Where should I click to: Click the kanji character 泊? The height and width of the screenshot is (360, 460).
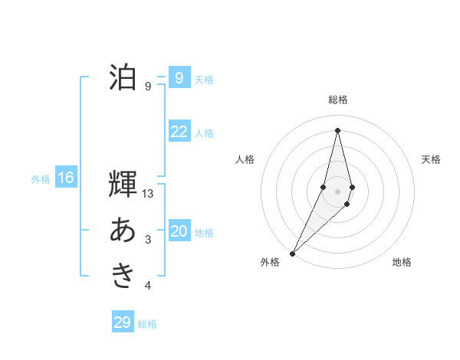click(123, 77)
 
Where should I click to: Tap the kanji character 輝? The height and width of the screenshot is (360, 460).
click(123, 186)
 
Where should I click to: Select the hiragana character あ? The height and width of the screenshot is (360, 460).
click(123, 231)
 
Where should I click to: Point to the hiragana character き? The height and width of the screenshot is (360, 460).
click(123, 275)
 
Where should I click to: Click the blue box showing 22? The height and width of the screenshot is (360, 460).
click(179, 132)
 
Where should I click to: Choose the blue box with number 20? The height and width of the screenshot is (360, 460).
click(179, 231)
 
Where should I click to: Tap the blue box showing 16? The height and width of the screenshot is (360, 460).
click(65, 178)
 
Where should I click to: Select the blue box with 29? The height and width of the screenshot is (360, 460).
click(123, 322)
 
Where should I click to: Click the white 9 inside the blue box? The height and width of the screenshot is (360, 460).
click(179, 78)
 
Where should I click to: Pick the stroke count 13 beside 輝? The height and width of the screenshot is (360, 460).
click(149, 195)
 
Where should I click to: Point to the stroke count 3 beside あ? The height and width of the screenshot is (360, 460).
click(148, 241)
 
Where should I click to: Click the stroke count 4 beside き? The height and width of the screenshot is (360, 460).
click(148, 286)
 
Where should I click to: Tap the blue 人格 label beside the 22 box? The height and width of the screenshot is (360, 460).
click(204, 133)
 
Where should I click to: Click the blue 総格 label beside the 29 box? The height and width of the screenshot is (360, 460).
click(147, 324)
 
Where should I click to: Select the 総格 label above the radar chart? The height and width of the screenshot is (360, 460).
click(338, 100)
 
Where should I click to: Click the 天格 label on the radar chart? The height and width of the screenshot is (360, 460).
click(431, 159)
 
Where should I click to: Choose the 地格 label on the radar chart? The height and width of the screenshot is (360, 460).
click(402, 262)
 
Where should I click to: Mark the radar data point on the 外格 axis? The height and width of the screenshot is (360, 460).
click(292, 253)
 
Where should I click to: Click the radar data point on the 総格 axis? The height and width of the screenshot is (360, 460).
click(338, 130)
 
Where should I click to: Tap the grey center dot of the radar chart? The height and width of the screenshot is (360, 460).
click(338, 191)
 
